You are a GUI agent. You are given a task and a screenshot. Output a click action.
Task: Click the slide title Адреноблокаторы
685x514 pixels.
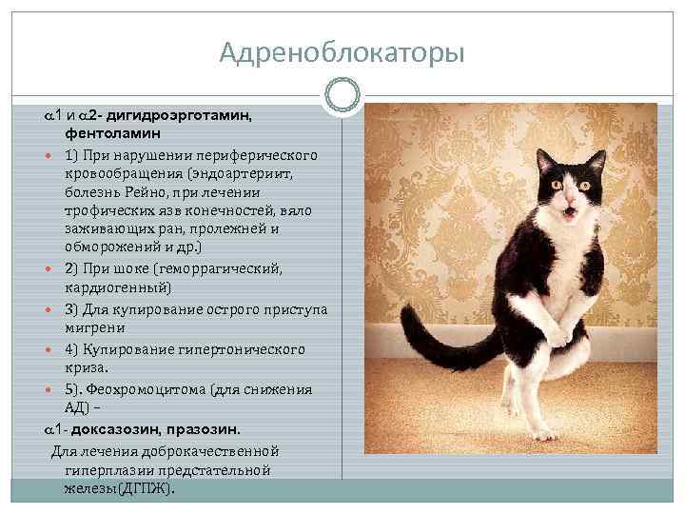342,53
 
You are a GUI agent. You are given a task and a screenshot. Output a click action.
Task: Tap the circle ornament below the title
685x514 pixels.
342,94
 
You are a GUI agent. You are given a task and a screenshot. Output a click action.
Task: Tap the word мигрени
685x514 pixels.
93,326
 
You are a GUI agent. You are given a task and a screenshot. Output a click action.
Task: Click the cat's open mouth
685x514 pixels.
569,212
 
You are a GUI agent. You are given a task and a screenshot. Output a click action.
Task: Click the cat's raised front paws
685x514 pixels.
561,333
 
